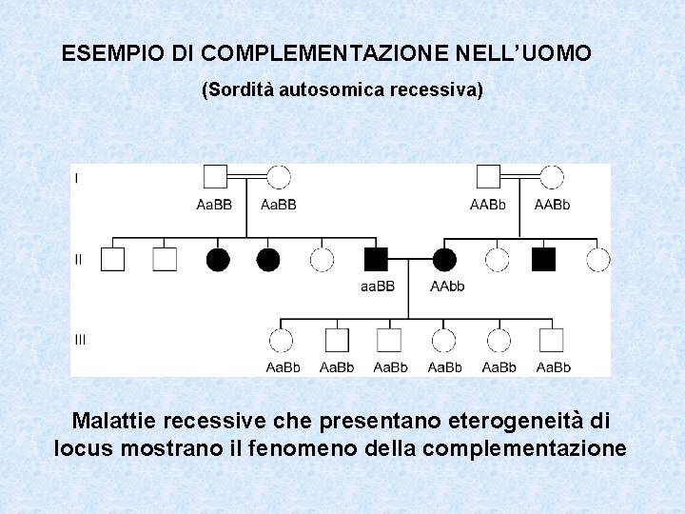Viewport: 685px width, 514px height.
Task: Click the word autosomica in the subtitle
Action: (x=327, y=90)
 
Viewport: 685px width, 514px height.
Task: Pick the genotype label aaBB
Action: (x=376, y=286)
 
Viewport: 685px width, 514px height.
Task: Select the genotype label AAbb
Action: (x=447, y=286)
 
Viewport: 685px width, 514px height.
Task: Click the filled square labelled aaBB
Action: (x=376, y=259)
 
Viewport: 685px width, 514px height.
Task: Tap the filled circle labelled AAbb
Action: (x=444, y=259)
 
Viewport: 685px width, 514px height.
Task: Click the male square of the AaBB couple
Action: (x=214, y=177)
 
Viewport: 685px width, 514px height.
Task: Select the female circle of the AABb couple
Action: (x=552, y=177)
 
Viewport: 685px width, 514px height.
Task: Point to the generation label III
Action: (x=81, y=339)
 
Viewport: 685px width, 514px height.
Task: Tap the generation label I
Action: (x=77, y=177)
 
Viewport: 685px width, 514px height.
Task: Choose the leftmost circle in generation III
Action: (x=282, y=340)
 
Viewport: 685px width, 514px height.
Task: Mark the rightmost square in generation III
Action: (x=551, y=340)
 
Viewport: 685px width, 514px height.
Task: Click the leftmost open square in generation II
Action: (x=113, y=259)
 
